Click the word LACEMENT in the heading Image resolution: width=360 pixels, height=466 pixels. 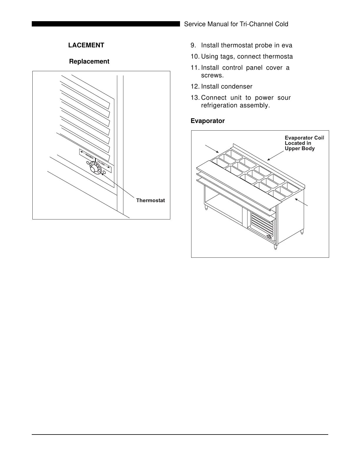(86, 45)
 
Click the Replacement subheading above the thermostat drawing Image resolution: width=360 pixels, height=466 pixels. (89, 61)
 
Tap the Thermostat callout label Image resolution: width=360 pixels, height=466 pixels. (150, 201)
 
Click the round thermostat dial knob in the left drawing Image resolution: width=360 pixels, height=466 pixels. (94, 170)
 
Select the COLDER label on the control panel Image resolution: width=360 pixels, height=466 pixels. (101, 163)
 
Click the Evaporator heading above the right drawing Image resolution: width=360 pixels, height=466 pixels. (208, 121)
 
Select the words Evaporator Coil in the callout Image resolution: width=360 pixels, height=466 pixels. (304, 138)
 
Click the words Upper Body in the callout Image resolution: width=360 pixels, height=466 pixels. (300, 149)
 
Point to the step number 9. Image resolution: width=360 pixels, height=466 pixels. (193, 45)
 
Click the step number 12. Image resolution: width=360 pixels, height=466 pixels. (195, 86)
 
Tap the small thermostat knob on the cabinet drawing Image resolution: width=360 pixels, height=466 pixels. (269, 237)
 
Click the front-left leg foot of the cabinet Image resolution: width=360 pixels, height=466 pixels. (206, 208)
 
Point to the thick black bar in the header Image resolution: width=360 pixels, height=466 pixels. (106, 24)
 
